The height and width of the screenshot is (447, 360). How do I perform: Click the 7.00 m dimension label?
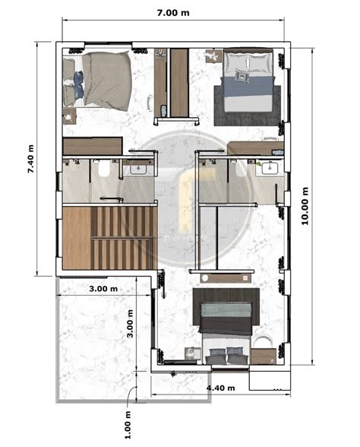click(173, 13)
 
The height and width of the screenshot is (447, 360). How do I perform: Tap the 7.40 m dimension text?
click(30, 159)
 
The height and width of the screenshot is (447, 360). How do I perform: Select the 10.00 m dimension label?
click(305, 206)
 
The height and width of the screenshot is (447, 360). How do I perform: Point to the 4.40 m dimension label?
click(221, 388)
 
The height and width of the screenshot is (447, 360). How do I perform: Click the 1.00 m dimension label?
click(128, 425)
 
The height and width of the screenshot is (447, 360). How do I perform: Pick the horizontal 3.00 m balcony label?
click(103, 289)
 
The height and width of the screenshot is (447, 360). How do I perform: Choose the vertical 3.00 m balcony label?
click(130, 324)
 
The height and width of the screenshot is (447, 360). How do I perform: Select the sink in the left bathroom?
click(138, 169)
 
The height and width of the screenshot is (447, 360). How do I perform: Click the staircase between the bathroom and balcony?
click(124, 238)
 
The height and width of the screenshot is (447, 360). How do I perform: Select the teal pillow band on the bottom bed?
click(226, 309)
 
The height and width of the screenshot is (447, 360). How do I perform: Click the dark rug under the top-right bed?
click(248, 106)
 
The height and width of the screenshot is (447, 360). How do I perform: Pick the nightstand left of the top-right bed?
click(213, 55)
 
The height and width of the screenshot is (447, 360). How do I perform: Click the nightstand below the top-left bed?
click(69, 116)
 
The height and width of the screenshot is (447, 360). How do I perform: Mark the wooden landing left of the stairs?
click(77, 238)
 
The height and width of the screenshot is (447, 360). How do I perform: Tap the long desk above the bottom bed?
click(226, 278)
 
